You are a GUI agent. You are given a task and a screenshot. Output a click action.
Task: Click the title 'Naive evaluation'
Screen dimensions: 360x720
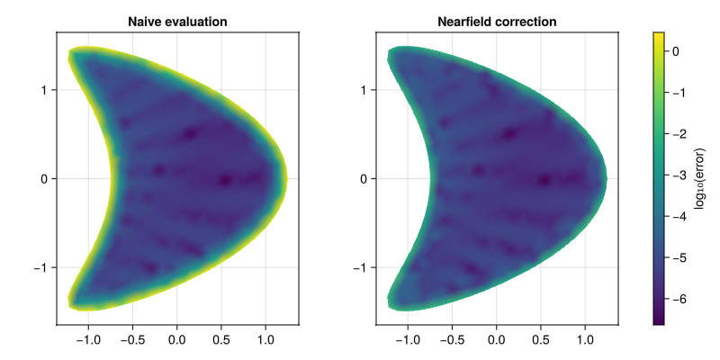tap(177, 21)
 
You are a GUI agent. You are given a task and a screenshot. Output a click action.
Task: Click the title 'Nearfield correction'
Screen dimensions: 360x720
tap(497, 21)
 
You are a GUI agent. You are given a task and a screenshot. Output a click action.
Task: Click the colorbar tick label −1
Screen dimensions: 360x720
tap(680, 94)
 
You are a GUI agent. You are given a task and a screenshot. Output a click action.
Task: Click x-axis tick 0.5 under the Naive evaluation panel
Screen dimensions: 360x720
tap(221, 342)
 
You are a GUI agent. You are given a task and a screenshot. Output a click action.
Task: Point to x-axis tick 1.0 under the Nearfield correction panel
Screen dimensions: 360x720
tap(585, 342)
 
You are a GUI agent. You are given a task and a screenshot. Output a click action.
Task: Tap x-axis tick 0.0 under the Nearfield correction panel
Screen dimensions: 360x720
tap(497, 342)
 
